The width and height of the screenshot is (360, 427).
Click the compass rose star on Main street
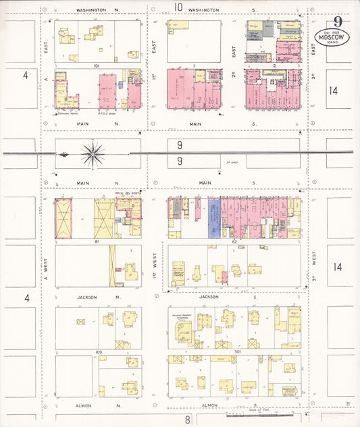93,154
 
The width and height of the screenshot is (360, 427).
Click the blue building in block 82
214,219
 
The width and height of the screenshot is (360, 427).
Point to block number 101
97,66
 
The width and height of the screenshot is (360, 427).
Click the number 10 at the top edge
178,7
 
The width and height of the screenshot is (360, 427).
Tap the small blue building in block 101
120,85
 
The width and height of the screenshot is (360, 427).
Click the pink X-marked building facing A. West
63,218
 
